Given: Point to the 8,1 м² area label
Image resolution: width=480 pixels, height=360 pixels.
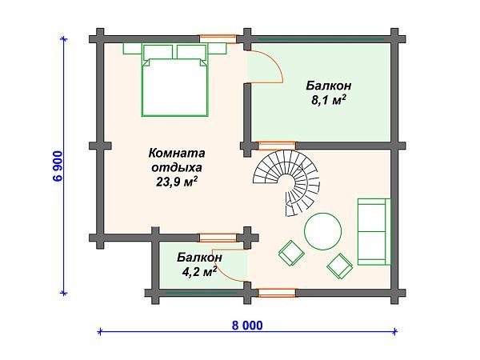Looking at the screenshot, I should [329, 100].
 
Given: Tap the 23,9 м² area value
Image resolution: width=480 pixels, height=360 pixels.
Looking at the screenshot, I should [178, 182].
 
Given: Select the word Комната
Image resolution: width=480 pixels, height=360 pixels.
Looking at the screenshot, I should [178, 153].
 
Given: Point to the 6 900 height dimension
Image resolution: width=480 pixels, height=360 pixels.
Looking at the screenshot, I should [58, 166].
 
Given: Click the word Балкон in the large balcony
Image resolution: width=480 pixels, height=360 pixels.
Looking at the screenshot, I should [329, 85].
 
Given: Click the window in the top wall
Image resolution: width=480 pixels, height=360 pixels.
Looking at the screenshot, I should [218, 37].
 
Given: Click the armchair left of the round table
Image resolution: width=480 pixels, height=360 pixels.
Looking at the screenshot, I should [290, 253].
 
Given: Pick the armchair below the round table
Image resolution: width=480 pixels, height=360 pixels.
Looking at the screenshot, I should [341, 264].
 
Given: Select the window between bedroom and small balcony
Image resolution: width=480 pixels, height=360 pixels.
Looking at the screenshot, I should [218, 237].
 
